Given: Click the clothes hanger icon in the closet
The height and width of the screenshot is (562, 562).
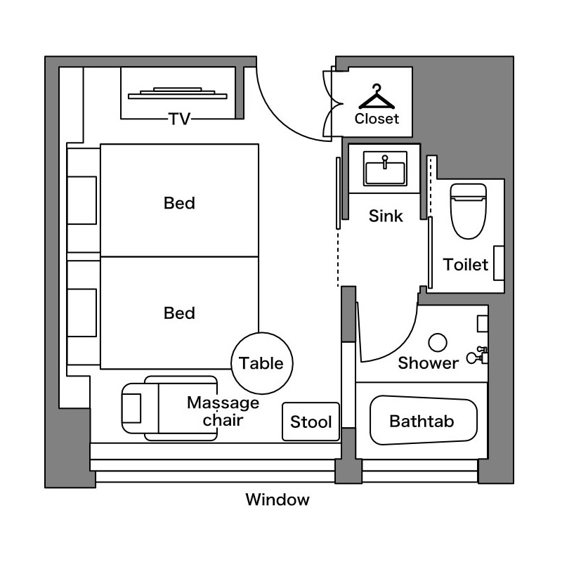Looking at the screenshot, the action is [x=377, y=97].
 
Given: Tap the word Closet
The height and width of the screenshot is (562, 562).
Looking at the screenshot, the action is [x=377, y=119].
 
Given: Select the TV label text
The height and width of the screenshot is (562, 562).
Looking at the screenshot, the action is [x=180, y=119].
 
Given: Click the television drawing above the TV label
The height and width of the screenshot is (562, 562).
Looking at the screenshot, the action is [x=178, y=93].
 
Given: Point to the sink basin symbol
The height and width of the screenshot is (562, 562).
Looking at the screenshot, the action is [x=385, y=169].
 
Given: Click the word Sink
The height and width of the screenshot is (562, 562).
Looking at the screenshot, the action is [x=386, y=216].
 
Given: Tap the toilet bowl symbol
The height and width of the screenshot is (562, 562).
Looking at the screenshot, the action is [x=468, y=211].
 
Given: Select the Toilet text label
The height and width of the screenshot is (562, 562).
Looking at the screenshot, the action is [x=465, y=265].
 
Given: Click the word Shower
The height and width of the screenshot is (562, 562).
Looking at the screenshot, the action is [x=428, y=363].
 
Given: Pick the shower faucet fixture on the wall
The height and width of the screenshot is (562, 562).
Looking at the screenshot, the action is [x=478, y=355].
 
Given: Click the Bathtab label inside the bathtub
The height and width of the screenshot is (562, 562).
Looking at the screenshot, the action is [x=421, y=421].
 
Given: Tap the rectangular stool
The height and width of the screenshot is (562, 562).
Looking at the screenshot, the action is [x=311, y=421].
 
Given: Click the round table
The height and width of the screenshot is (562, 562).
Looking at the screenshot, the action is [x=261, y=363].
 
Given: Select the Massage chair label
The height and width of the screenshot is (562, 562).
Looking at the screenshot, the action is [x=223, y=411].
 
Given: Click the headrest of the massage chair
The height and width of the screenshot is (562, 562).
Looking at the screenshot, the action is [x=131, y=408].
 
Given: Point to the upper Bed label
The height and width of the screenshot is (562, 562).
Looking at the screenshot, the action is [x=179, y=203].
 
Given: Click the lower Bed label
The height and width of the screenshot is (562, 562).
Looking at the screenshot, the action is [x=179, y=313].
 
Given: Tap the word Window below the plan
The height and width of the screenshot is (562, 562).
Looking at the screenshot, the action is [x=277, y=499].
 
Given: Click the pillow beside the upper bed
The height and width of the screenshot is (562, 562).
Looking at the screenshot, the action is [x=81, y=200].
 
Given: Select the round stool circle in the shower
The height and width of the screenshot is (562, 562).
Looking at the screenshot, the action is [x=437, y=343].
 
